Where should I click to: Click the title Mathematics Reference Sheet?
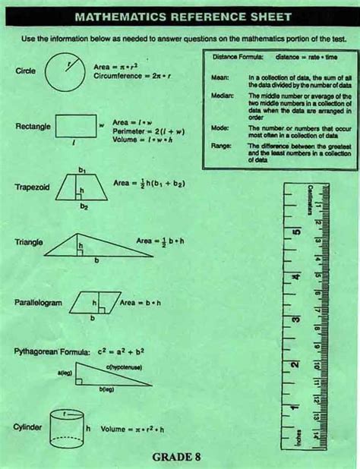[x=180, y=16]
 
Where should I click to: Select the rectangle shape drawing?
[x=76, y=126]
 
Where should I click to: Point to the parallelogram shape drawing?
[x=94, y=303]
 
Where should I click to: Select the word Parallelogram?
[x=38, y=303]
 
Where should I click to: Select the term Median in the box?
[x=220, y=97]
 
